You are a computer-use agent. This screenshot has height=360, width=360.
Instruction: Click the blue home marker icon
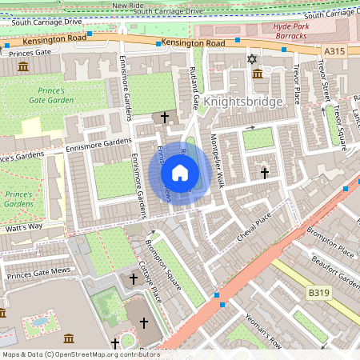pyautogui.click(x=180, y=173)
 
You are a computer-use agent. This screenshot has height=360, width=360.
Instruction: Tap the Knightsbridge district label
pyautogui.click(x=242, y=102)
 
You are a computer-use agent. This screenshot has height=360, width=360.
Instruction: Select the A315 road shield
pyautogui.click(x=335, y=51)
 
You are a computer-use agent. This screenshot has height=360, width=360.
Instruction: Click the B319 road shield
pyautogui.click(x=319, y=294)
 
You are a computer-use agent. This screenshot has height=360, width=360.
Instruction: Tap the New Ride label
pyautogui.click(x=127, y=5)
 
